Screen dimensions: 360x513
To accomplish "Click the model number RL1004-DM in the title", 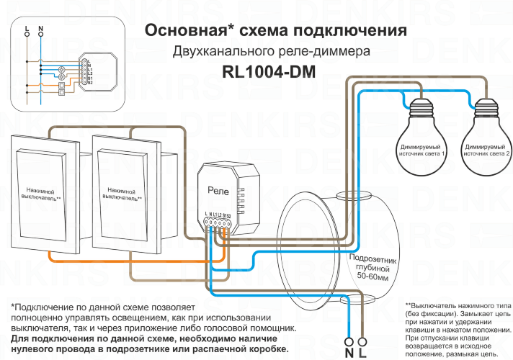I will (x=270, y=73).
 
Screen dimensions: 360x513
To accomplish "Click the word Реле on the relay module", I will (x=218, y=189).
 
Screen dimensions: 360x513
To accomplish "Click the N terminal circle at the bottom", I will (x=349, y=341).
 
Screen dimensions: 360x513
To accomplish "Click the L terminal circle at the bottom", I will (x=362, y=341).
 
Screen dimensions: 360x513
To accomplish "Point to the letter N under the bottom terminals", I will (x=349, y=353).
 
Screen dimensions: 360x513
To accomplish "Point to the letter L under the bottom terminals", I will (x=362, y=353).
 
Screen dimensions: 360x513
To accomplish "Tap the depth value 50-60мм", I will (x=371, y=276).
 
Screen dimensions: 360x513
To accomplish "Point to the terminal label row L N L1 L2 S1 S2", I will (x=217, y=215).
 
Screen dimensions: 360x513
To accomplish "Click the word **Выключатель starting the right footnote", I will (x=435, y=305).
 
